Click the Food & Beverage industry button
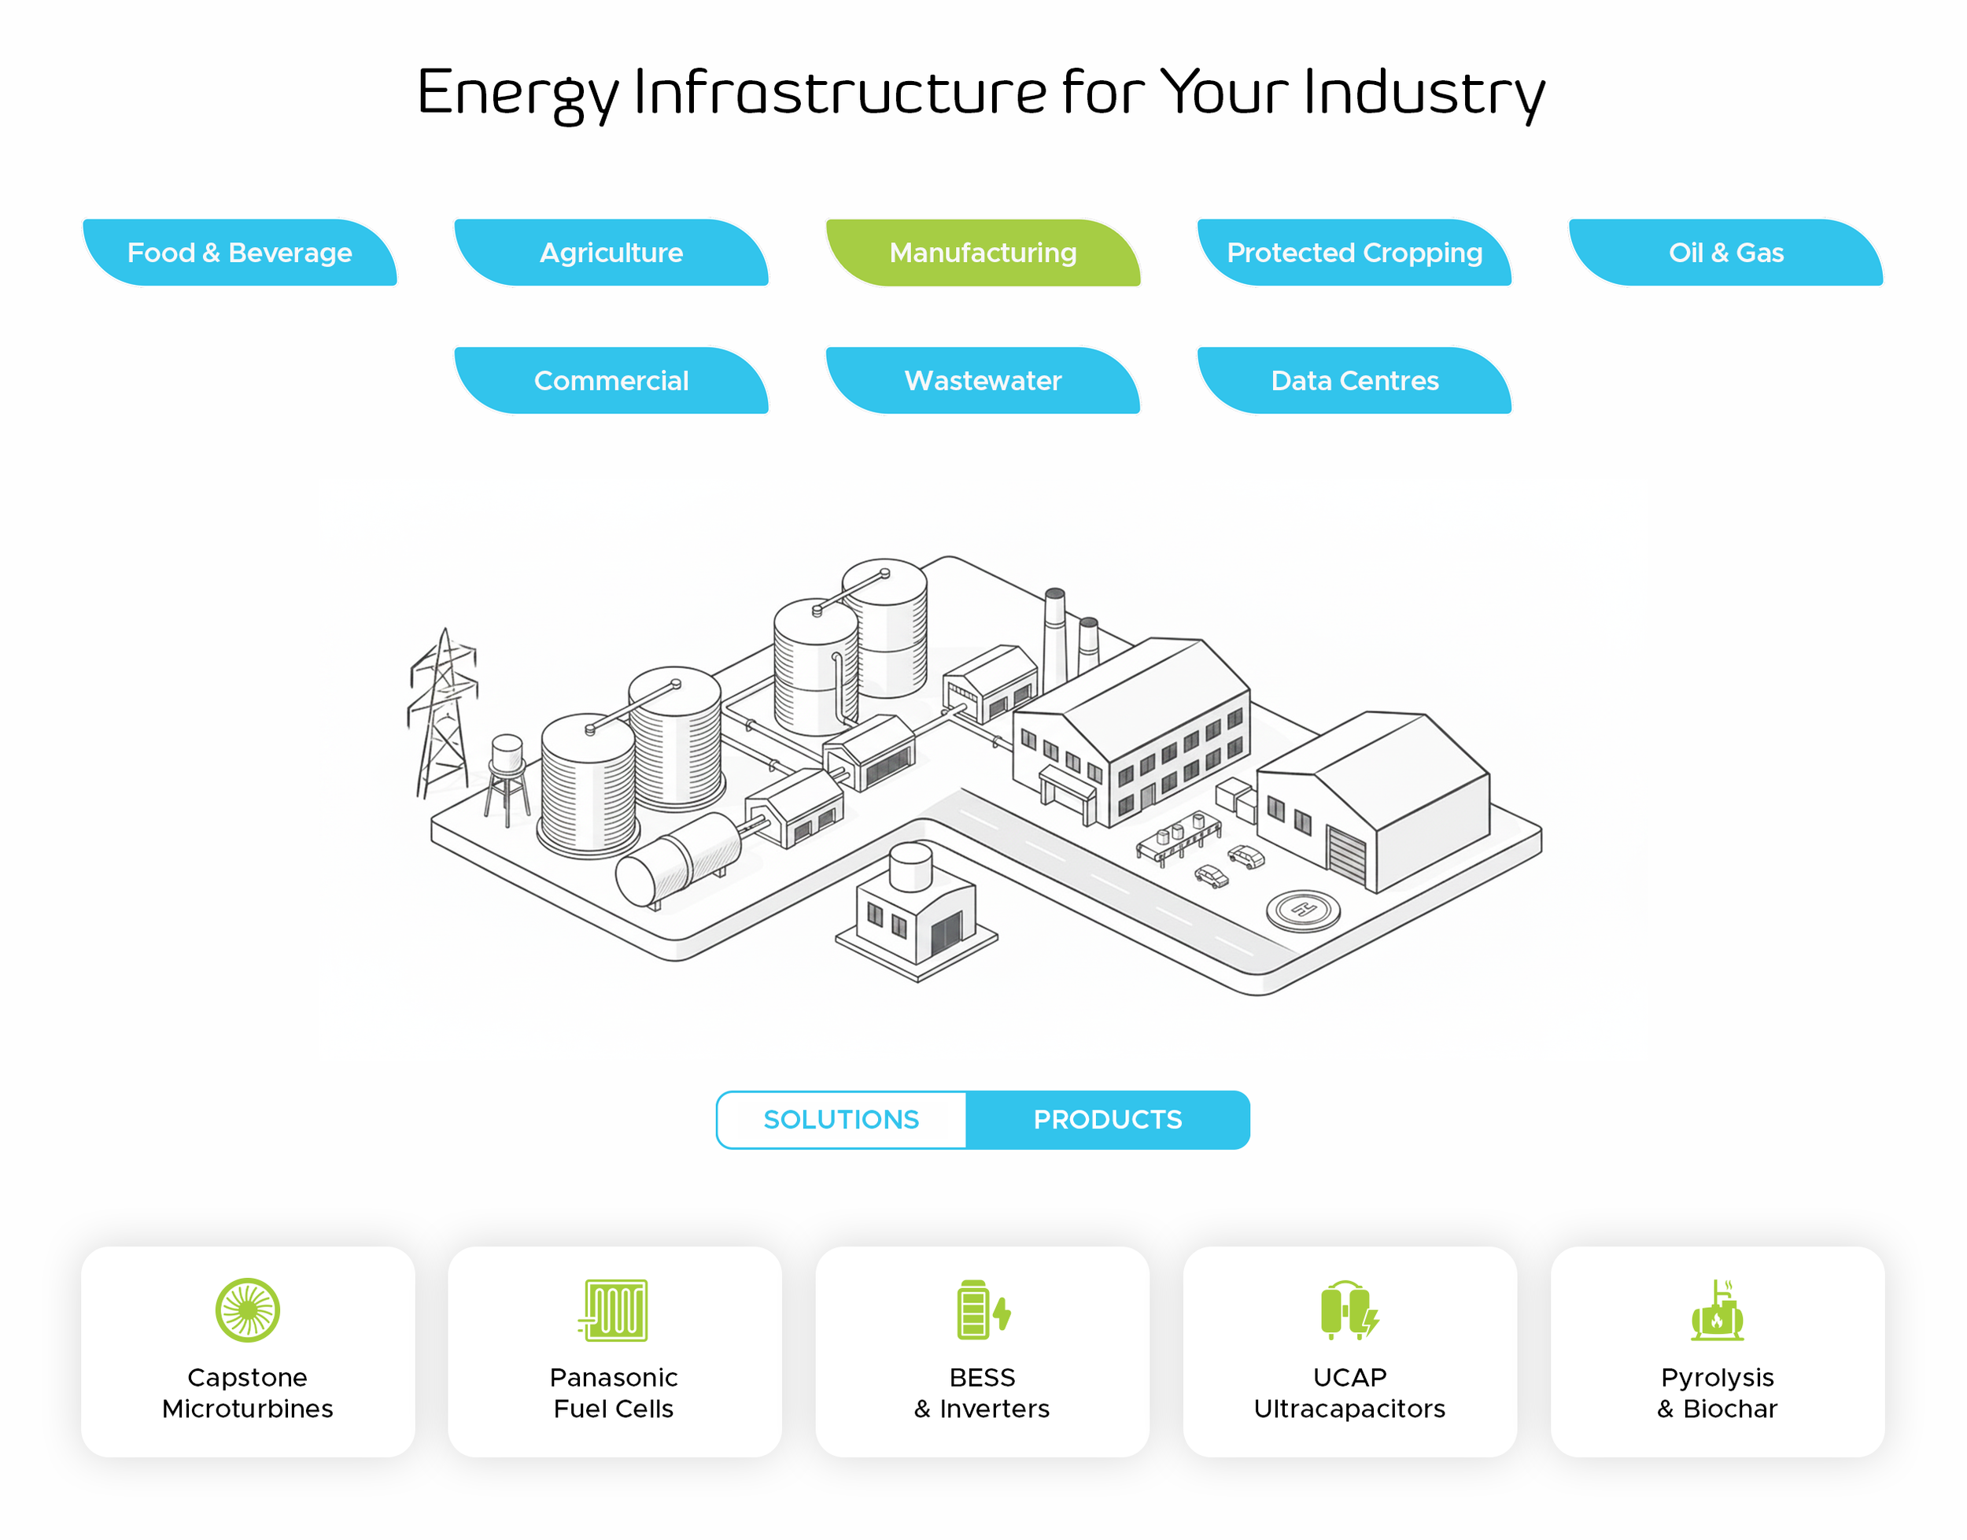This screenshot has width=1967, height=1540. [x=240, y=253]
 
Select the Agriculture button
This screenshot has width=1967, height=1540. [x=611, y=253]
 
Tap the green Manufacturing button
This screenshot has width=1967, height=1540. [x=984, y=253]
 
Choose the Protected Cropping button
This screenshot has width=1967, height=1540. [x=1355, y=253]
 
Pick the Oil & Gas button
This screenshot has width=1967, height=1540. [x=1726, y=253]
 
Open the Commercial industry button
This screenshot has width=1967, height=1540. [x=611, y=381]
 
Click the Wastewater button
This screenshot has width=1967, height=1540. [x=984, y=381]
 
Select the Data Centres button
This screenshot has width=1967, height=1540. [x=1355, y=381]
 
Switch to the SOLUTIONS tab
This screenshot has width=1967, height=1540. [x=841, y=1120]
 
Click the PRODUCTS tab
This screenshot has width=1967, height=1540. [x=1108, y=1120]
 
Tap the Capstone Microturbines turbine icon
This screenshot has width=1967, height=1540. [x=248, y=1310]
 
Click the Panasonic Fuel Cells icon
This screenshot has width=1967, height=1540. [x=613, y=1310]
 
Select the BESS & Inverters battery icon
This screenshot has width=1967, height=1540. [x=983, y=1309]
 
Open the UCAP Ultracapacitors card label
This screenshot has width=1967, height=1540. [x=1349, y=1393]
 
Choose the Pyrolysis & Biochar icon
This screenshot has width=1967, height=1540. [x=1718, y=1310]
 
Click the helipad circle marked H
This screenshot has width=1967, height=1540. [x=1303, y=910]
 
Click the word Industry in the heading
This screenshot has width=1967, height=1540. [x=1424, y=93]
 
